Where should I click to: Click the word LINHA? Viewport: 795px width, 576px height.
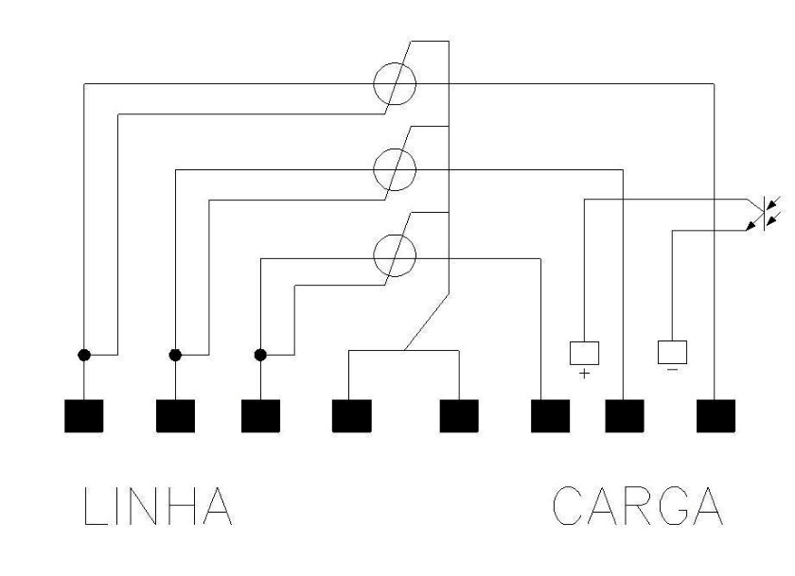pyautogui.click(x=158, y=506)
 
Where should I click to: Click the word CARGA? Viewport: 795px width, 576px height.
pyautogui.click(x=637, y=506)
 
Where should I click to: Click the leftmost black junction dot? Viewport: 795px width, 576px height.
pyautogui.click(x=84, y=355)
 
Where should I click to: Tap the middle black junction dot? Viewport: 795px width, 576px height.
pyautogui.click(x=175, y=355)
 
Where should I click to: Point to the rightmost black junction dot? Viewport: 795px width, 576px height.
pyautogui.click(x=260, y=355)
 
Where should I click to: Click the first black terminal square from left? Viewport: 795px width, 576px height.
pyautogui.click(x=83, y=416)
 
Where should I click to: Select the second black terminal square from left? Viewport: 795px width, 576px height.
pyautogui.click(x=175, y=416)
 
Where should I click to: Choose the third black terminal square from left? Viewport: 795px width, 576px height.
pyautogui.click(x=260, y=416)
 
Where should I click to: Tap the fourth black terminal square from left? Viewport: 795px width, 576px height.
pyautogui.click(x=351, y=416)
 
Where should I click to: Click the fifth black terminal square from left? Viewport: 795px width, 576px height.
pyautogui.click(x=459, y=416)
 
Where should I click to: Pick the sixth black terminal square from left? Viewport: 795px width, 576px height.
pyautogui.click(x=550, y=416)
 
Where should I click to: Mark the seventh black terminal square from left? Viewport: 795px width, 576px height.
pyautogui.click(x=625, y=416)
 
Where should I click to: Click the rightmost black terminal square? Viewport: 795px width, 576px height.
pyautogui.click(x=715, y=416)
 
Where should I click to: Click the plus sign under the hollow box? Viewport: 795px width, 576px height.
pyautogui.click(x=585, y=374)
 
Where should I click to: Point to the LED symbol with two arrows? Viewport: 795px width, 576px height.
pyautogui.click(x=764, y=215)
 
